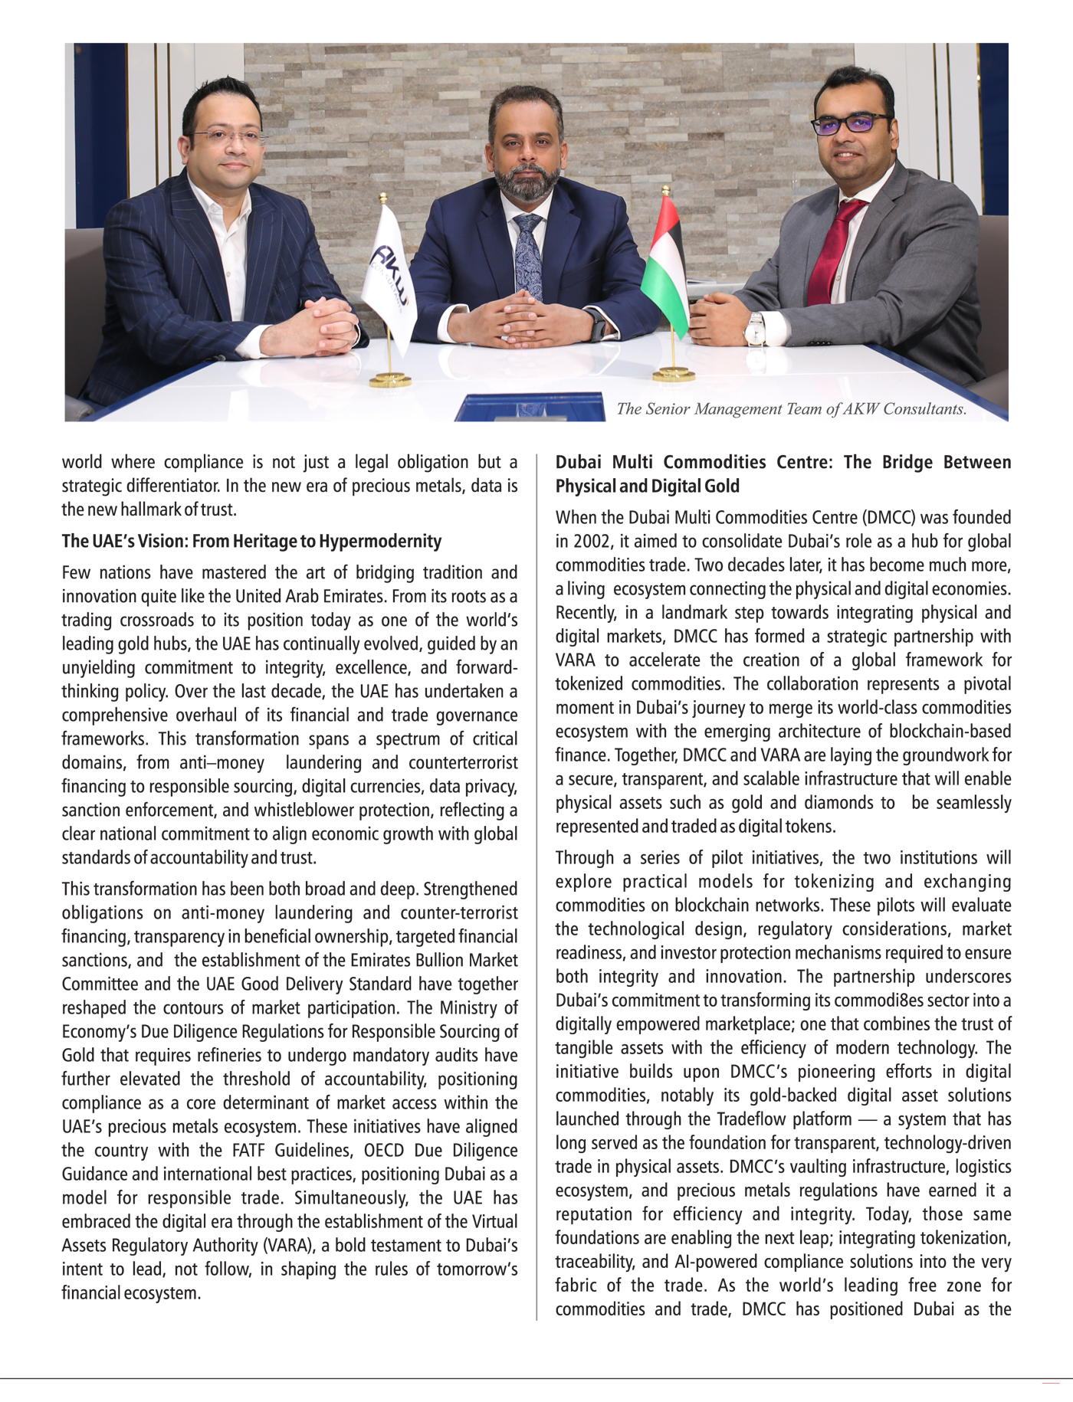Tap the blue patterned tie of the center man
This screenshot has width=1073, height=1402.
point(528,253)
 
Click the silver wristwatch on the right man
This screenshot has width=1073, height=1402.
point(756,330)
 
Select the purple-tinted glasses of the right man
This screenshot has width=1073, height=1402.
point(851,123)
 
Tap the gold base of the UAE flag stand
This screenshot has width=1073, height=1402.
point(674,375)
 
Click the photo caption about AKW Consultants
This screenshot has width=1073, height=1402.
point(791,409)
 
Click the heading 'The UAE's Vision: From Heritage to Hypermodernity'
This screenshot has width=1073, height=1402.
point(251,542)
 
